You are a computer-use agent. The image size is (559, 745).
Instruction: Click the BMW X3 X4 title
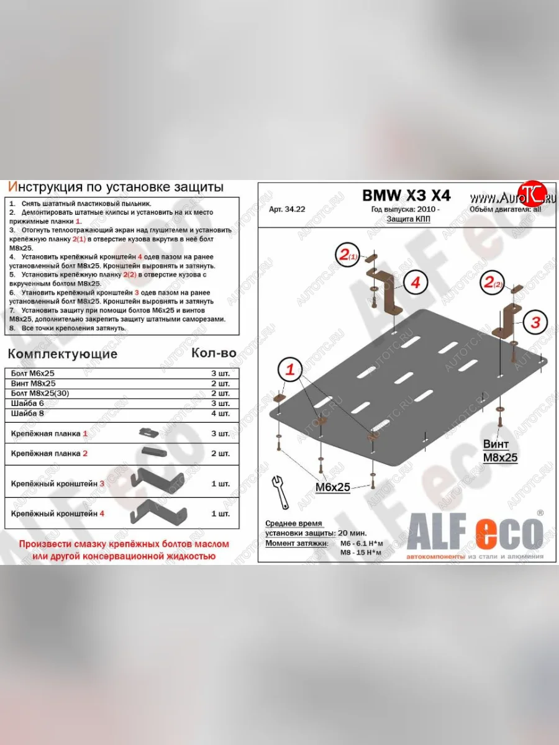407,196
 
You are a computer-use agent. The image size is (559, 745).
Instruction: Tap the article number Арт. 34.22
287,210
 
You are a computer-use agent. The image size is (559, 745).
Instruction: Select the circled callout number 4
416,282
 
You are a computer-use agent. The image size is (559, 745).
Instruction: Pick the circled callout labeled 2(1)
348,254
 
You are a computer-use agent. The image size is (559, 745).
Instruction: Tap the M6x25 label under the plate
333,487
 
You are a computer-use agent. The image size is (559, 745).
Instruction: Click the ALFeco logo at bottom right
475,534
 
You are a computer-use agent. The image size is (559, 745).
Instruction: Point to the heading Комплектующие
62,354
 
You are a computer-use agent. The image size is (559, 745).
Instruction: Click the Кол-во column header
213,353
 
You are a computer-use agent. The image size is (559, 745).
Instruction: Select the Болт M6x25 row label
34,373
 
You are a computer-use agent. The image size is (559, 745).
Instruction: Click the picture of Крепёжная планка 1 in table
148,432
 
